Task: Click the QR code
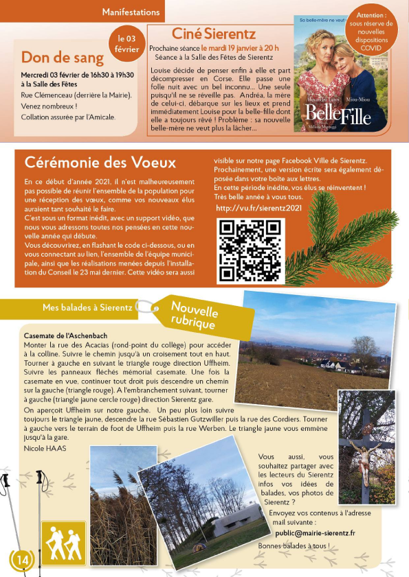click(250, 250)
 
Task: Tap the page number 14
click(22, 560)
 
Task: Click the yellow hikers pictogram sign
click(63, 542)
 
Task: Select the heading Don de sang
click(63, 58)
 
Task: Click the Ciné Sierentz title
click(214, 33)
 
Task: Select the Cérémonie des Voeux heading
click(100, 163)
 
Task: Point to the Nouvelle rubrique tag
click(194, 316)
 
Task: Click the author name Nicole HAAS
click(43, 447)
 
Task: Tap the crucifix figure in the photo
click(364, 453)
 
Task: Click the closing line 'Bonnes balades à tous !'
click(294, 545)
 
